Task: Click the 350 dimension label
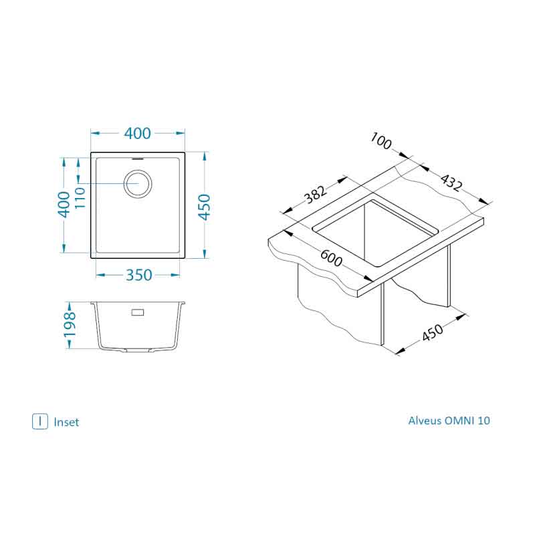138,275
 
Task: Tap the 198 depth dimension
70,324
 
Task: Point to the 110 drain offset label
80,198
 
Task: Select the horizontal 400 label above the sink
137,133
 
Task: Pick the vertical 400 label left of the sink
64,205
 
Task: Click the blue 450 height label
205,207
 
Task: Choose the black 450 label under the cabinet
433,332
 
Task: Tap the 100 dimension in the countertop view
381,141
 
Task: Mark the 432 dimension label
451,183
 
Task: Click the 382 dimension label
316,194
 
